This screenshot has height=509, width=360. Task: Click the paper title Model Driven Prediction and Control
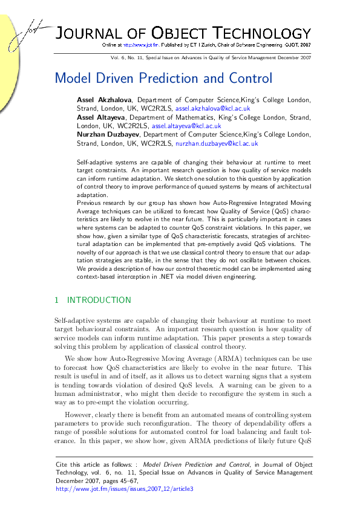point(163,79)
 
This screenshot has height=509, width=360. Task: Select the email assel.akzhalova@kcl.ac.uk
point(212,108)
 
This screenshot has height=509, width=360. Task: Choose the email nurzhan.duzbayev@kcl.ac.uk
point(217,144)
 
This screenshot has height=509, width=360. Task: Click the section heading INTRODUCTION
point(99,300)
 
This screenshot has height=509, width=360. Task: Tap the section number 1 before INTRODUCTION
point(56,300)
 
